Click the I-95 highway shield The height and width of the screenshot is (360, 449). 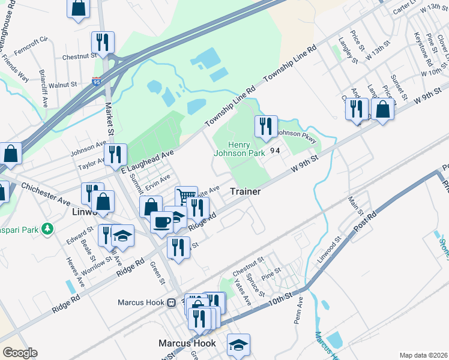(x=97, y=80)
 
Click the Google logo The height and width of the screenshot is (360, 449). (x=20, y=353)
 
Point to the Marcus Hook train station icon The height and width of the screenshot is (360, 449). (x=171, y=302)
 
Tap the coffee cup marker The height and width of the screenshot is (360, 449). (x=161, y=221)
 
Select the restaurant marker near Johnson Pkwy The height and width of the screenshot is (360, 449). (x=265, y=126)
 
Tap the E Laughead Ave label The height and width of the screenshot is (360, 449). (x=147, y=162)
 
